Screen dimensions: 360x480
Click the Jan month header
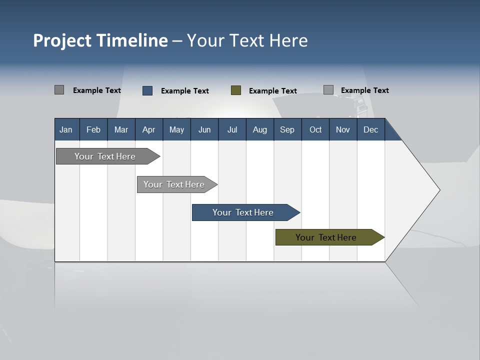click(66, 130)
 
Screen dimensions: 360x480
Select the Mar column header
click(121, 130)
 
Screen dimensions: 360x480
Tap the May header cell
click(176, 130)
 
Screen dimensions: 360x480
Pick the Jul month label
click(232, 130)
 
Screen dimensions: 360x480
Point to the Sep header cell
click(287, 130)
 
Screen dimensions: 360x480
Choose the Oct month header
click(315, 130)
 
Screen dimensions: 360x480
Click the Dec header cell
click(370, 130)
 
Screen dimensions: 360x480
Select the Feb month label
click(93, 130)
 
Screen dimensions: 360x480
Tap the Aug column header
click(259, 130)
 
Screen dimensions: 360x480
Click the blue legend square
click(147, 90)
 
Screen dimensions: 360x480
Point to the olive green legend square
click(236, 90)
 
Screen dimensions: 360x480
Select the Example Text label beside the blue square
click(185, 91)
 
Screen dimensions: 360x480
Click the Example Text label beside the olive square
click(273, 91)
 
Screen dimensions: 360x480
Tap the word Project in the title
click(61, 40)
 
